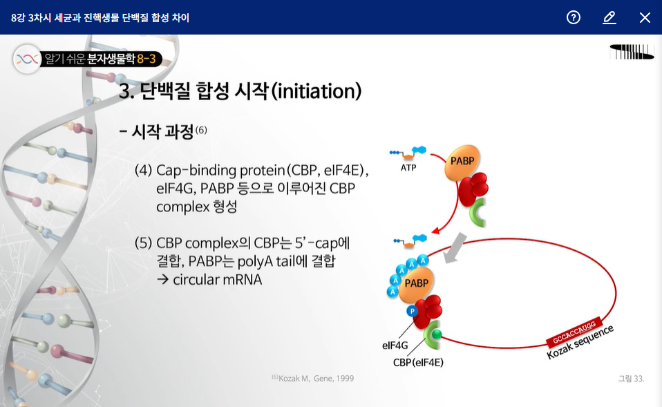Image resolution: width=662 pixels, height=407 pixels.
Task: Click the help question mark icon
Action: pyautogui.click(x=574, y=17)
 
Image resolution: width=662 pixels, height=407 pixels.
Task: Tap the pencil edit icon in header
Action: pyautogui.click(x=609, y=17)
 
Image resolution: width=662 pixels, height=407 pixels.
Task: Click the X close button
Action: pyautogui.click(x=645, y=17)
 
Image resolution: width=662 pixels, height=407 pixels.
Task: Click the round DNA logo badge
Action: pyautogui.click(x=27, y=59)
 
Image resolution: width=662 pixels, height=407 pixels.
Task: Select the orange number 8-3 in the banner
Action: pyautogui.click(x=146, y=59)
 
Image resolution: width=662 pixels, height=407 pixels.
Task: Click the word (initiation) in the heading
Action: pyautogui.click(x=316, y=91)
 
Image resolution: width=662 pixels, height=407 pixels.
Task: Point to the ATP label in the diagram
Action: pyautogui.click(x=408, y=168)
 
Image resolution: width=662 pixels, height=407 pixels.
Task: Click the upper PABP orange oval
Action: pyautogui.click(x=462, y=162)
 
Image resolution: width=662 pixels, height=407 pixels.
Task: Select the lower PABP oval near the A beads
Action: pyautogui.click(x=416, y=284)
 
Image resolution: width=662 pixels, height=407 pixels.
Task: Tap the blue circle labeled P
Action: pyautogui.click(x=412, y=311)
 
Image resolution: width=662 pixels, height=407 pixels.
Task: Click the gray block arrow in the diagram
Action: pyautogui.click(x=455, y=248)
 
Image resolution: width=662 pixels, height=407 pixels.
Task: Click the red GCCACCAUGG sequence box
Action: pyautogui.click(x=574, y=332)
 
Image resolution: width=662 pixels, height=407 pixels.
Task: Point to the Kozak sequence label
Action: pyautogui.click(x=580, y=343)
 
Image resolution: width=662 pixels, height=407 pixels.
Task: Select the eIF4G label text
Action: pyautogui.click(x=395, y=346)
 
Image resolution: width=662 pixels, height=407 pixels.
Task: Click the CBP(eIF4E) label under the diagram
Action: pyautogui.click(x=418, y=363)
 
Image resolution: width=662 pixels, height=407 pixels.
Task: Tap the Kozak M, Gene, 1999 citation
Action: pyautogui.click(x=313, y=378)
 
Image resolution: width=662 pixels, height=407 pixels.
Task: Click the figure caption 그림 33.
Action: pyautogui.click(x=631, y=379)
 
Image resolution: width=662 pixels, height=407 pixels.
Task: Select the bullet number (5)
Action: pyautogui.click(x=143, y=243)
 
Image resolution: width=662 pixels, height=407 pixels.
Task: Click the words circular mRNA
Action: pyautogui.click(x=218, y=279)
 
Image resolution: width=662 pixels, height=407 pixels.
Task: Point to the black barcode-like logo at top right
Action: pyautogui.click(x=632, y=52)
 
